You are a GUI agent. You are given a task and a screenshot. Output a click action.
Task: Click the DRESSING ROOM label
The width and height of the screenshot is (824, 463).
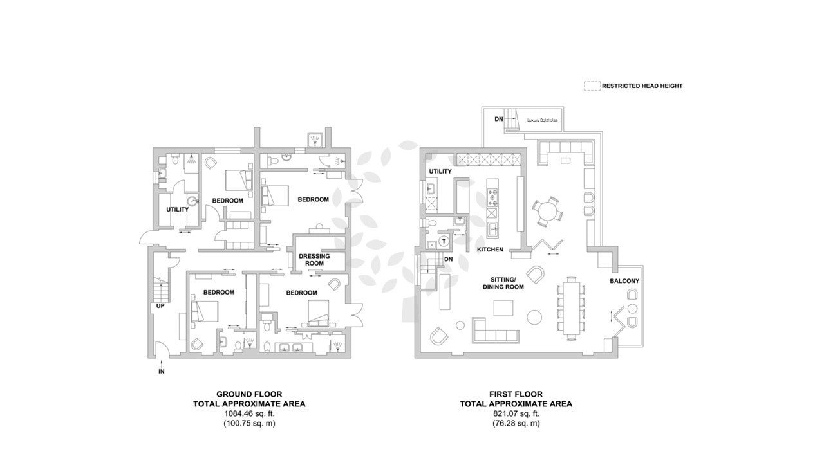click(x=314, y=259)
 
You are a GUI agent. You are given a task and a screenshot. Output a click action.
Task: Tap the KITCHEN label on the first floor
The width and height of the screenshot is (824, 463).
click(x=490, y=250)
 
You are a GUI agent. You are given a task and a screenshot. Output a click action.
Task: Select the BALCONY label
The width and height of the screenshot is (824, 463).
click(x=624, y=281)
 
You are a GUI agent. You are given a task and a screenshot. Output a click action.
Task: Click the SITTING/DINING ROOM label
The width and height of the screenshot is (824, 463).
click(x=503, y=284)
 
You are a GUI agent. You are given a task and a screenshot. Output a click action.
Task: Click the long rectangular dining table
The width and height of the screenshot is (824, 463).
click(x=571, y=308)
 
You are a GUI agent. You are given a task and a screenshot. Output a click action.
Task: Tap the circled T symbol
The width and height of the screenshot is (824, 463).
click(x=444, y=241)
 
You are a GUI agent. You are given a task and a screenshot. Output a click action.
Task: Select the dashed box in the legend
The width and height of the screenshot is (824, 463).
click(x=592, y=86)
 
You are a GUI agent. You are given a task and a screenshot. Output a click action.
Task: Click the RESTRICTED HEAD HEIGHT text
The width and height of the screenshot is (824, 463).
click(x=642, y=86)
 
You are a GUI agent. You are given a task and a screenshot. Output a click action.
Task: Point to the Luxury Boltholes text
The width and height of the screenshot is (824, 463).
click(x=542, y=120)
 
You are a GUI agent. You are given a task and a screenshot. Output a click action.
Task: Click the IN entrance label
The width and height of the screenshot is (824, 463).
click(x=161, y=372)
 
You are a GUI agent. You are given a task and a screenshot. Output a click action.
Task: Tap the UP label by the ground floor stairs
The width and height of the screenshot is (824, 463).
click(x=160, y=305)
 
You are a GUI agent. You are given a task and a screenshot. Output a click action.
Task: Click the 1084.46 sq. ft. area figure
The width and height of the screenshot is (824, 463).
click(x=249, y=413)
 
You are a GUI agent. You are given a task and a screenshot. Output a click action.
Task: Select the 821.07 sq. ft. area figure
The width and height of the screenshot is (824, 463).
click(x=516, y=413)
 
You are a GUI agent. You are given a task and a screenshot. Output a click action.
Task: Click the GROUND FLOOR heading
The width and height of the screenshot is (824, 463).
click(x=249, y=394)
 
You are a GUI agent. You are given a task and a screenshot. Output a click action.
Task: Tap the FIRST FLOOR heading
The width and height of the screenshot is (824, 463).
click(x=516, y=394)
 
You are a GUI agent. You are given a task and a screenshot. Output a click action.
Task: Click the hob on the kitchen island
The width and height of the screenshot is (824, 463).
click(x=492, y=197)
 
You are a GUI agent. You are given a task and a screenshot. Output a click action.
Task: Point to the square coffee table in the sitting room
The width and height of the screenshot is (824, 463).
click(x=503, y=308)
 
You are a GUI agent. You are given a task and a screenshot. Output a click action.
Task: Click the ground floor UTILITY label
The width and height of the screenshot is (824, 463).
click(x=177, y=210)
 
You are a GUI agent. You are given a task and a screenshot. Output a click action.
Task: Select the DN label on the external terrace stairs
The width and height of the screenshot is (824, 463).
click(x=498, y=120)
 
